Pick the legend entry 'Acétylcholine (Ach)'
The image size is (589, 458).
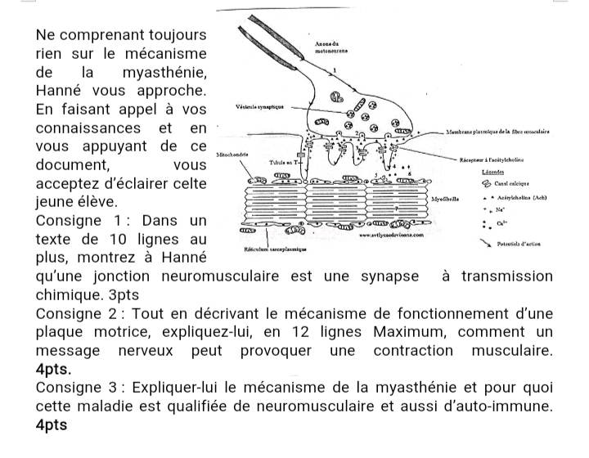(522, 197)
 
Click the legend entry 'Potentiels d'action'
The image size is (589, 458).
(529, 244)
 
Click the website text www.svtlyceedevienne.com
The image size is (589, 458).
(389, 235)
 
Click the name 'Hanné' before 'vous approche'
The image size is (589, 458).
(62, 90)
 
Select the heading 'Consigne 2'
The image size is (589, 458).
(76, 314)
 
